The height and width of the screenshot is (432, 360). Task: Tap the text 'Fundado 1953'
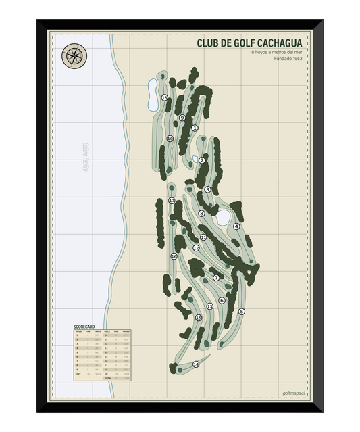pyautogui.click(x=287, y=59)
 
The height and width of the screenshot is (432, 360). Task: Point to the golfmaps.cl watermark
pyautogui.click(x=294, y=392)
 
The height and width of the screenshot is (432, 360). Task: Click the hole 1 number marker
pyautogui.click(x=195, y=128)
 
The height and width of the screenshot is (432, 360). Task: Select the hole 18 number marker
pyautogui.click(x=164, y=98)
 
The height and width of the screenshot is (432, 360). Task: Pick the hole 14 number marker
pyautogui.click(x=196, y=364)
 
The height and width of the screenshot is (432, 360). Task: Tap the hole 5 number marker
pyautogui.click(x=241, y=311)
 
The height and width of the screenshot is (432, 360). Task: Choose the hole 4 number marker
pyautogui.click(x=237, y=226)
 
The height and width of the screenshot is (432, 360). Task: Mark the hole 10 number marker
pyautogui.click(x=170, y=139)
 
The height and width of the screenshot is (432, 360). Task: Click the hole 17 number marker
pyautogui.click(x=172, y=201)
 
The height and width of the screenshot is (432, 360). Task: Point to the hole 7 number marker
pyautogui.click(x=216, y=277)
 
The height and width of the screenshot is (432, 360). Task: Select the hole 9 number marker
pyautogui.click(x=182, y=118)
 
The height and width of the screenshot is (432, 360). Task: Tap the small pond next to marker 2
pyautogui.click(x=196, y=160)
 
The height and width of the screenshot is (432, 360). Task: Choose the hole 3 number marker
pyautogui.click(x=207, y=189)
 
